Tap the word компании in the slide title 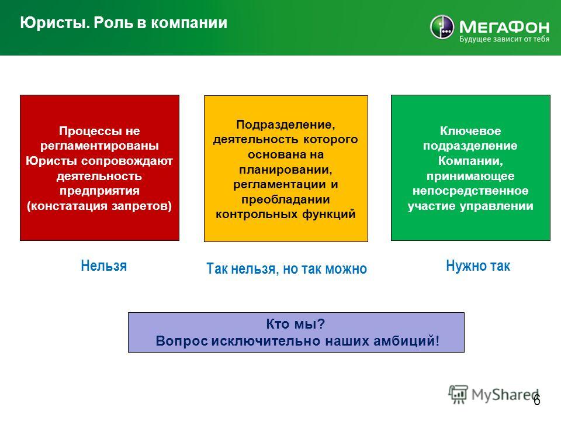[189, 23]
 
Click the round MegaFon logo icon [442, 27]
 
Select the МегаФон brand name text [504, 26]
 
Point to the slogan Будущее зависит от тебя [504, 39]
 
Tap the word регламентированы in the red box [99, 146]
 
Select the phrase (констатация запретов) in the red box [99, 206]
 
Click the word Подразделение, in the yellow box [286, 125]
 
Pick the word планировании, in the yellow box [286, 170]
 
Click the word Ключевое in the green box [470, 131]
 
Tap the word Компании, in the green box [470, 161]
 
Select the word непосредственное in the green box [470, 191]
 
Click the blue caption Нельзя [104, 265]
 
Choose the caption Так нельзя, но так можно [286, 268]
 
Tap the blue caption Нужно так [478, 265]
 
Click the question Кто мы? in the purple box [296, 324]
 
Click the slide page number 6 [536, 399]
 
